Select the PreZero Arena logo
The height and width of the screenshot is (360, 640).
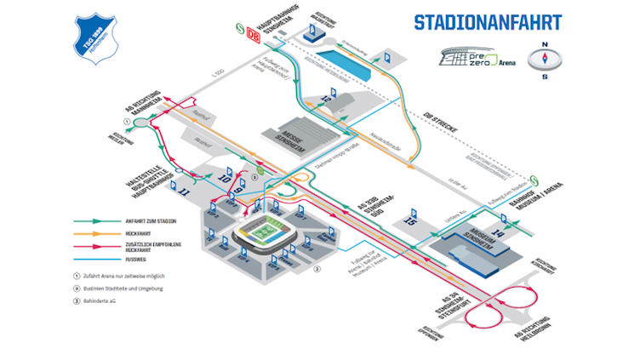(x=477, y=58)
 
